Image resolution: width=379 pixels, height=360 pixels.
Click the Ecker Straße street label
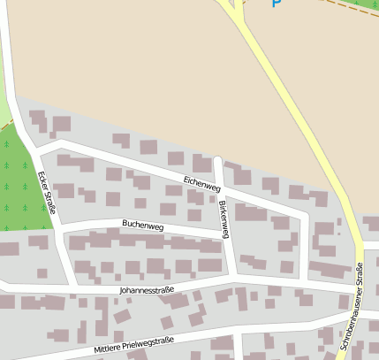(x=47, y=193)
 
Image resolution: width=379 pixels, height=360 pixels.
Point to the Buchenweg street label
(x=143, y=226)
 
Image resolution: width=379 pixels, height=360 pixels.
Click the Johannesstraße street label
(x=146, y=288)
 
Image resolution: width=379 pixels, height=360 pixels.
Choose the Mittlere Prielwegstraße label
(x=134, y=347)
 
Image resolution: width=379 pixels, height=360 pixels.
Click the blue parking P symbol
(x=276, y=4)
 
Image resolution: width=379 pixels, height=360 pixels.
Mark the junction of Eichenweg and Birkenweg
(x=221, y=185)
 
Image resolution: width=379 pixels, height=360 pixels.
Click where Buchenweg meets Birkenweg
(x=230, y=238)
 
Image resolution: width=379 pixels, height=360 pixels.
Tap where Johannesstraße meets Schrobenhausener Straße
(x=362, y=292)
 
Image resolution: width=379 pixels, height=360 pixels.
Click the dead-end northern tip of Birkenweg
(x=217, y=160)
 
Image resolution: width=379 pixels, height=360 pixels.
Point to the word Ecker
(x=43, y=180)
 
